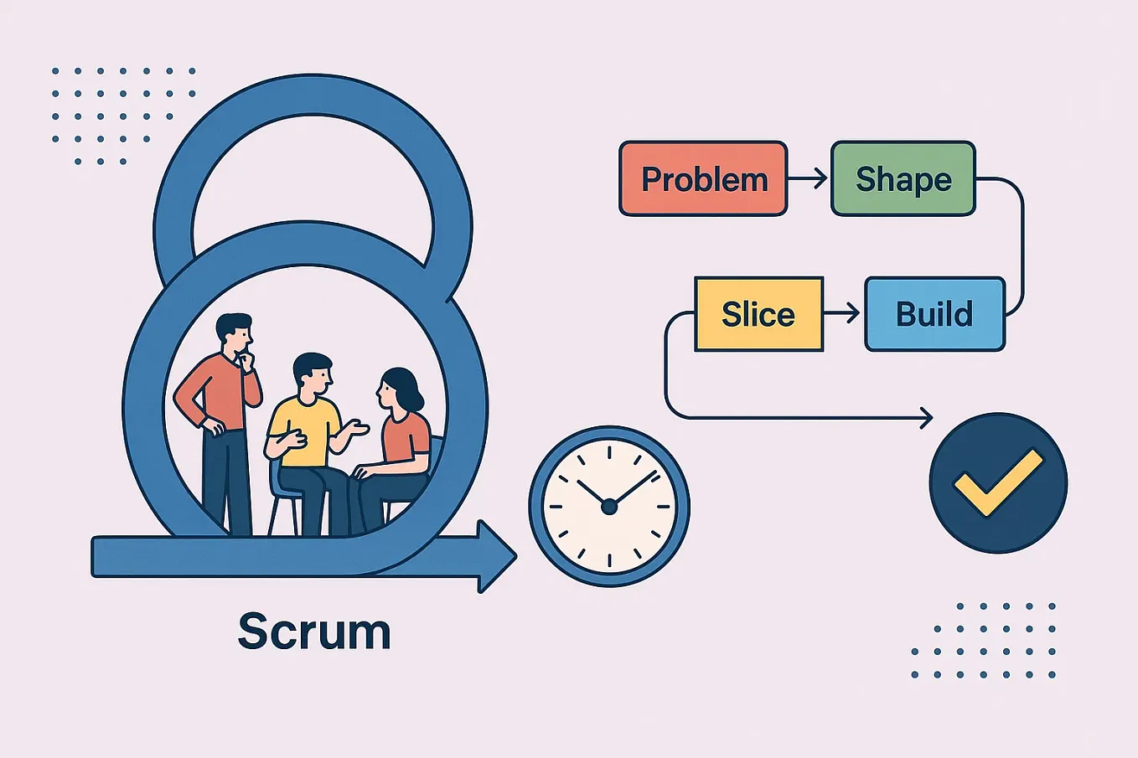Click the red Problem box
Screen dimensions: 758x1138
pyautogui.click(x=703, y=179)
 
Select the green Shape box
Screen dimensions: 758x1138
pyautogui.click(x=903, y=179)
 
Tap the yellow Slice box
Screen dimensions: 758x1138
pyautogui.click(x=758, y=314)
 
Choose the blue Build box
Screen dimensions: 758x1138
pyautogui.click(x=934, y=314)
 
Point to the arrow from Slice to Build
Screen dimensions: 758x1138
pyautogui.click(x=843, y=313)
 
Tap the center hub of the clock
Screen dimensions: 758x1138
pyautogui.click(x=609, y=507)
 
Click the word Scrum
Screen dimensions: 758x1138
pyautogui.click(x=314, y=631)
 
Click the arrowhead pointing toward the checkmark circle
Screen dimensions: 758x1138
pyautogui.click(x=925, y=417)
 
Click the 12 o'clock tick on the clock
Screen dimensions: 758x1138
pyautogui.click(x=609, y=453)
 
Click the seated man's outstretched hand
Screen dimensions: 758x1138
pyautogui.click(x=359, y=428)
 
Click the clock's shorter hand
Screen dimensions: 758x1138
pyautogui.click(x=592, y=493)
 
